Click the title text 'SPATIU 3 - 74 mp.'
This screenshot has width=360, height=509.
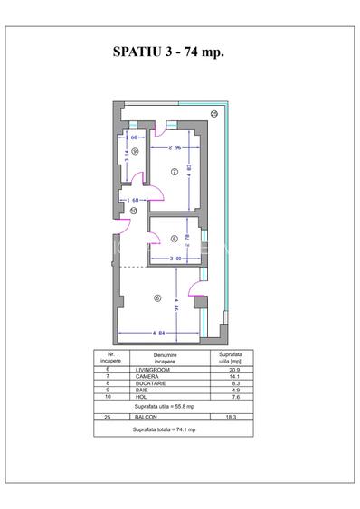[169, 52]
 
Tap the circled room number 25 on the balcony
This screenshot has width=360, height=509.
[214, 114]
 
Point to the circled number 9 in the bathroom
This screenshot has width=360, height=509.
[134, 152]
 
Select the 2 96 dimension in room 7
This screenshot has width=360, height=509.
[176, 145]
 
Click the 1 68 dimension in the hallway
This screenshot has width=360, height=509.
[134, 199]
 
